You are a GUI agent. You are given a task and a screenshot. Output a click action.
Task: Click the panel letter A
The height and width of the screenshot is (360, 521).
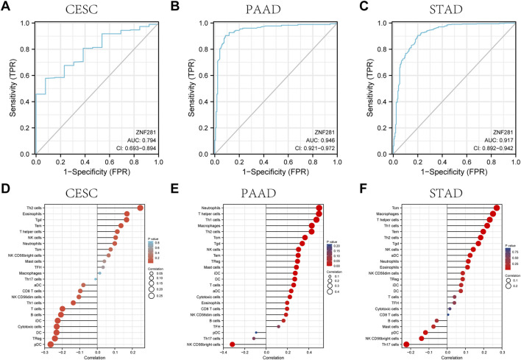(6, 7)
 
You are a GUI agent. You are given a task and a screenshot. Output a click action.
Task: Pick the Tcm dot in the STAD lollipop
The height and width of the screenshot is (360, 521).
(497, 208)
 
